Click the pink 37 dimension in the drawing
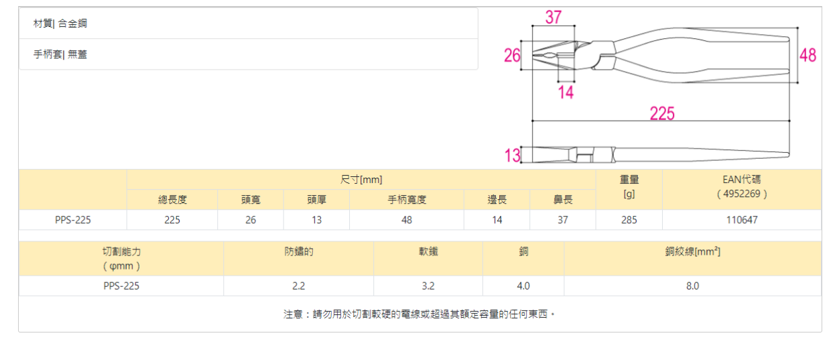pos(553,17)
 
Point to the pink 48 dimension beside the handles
pos(808,55)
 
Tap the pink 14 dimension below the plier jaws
pos(566,93)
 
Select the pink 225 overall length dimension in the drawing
pos(662,113)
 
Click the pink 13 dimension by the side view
pos(513,156)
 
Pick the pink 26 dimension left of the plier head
pos(513,55)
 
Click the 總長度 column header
pos(172,200)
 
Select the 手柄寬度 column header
pos(407,200)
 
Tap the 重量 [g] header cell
pos(629,186)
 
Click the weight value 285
pos(629,220)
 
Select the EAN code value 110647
pos(742,220)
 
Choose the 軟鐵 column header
pos(428,252)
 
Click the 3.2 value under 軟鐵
pos(428,286)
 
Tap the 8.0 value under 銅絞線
pos(692,286)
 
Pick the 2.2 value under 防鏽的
pos(298,286)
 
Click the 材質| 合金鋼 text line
pos(60,23)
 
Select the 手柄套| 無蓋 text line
pos(60,54)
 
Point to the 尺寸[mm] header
pos(361,180)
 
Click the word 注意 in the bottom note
pos(292,314)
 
